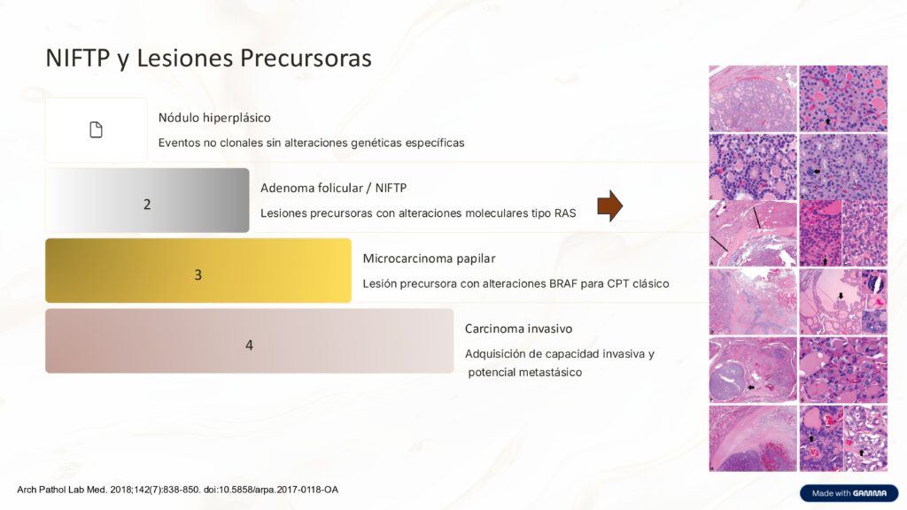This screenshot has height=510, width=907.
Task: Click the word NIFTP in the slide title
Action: (x=78, y=58)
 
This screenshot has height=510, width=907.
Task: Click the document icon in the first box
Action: (x=96, y=130)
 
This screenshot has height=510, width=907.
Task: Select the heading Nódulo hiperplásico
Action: (x=214, y=118)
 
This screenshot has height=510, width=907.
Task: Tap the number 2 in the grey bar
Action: (x=147, y=205)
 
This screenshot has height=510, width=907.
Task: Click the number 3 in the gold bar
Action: (x=198, y=274)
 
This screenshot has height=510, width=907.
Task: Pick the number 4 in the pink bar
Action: (x=249, y=344)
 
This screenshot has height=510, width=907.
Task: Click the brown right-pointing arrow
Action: (x=610, y=205)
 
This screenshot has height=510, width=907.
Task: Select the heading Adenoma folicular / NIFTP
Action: (x=333, y=188)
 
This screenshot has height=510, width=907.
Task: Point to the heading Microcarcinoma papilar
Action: (x=429, y=259)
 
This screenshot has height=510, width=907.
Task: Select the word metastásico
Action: (x=546, y=372)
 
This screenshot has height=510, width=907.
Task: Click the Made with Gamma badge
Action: (x=849, y=493)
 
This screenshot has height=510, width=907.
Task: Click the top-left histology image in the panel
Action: (x=752, y=98)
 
